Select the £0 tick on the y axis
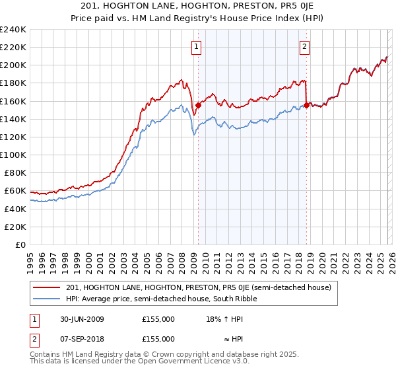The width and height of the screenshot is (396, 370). pos(20,244)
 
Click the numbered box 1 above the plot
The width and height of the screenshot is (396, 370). pos(197,46)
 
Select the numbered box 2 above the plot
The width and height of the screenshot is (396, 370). pos(305,46)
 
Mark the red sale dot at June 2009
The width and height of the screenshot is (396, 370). pos(198,105)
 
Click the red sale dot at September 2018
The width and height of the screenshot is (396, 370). pos(306,105)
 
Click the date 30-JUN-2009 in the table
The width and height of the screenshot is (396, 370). pos(79,319)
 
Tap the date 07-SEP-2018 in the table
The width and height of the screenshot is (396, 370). pos(79,338)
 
